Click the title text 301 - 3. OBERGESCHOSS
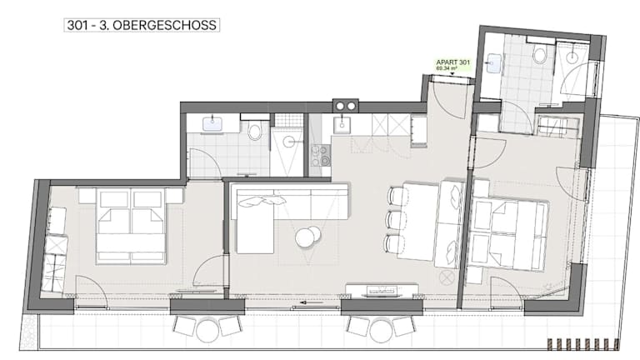[x=142, y=25]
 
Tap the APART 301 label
[x=453, y=62]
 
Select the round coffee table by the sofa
[x=307, y=237]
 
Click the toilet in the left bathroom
[x=255, y=130]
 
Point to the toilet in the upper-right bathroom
[x=540, y=55]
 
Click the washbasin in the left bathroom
[x=212, y=122]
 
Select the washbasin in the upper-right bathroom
[x=493, y=63]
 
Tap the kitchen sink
[x=341, y=124]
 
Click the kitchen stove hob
[x=321, y=155]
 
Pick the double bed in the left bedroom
[x=131, y=225]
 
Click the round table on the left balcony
[x=207, y=330]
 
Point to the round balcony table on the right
[x=380, y=330]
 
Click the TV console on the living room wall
[x=382, y=290]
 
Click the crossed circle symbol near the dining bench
[x=447, y=278]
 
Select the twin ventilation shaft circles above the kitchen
[x=345, y=106]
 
